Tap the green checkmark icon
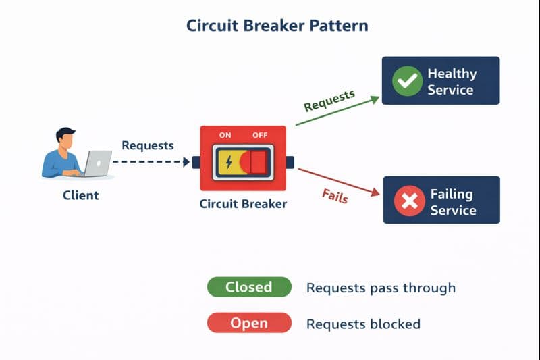(x=407, y=81)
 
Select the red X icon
(x=408, y=201)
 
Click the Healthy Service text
(x=452, y=81)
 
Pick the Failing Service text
(x=453, y=201)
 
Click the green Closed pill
(x=248, y=287)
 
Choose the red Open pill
(x=248, y=324)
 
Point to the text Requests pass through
(x=381, y=288)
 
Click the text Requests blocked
(x=363, y=324)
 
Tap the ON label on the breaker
(x=225, y=135)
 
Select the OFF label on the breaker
(x=260, y=135)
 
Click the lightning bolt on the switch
(x=228, y=163)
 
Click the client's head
(x=65, y=138)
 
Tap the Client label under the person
(x=80, y=195)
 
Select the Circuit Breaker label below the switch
(x=243, y=203)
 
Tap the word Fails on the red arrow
(x=334, y=196)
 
